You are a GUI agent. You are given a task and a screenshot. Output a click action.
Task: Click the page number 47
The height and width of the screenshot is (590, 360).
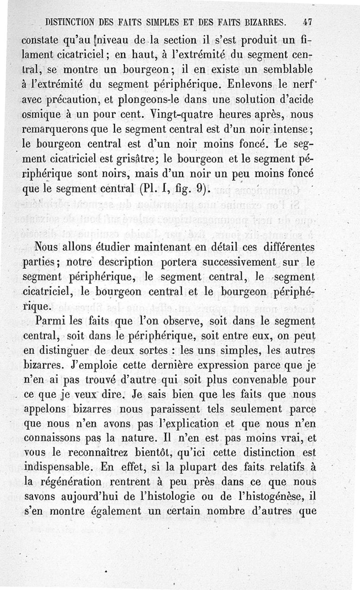pos(308,21)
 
